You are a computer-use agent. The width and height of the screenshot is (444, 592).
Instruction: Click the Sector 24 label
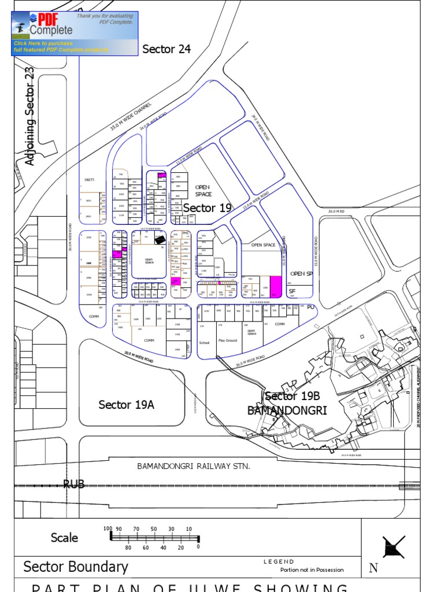tap(166, 49)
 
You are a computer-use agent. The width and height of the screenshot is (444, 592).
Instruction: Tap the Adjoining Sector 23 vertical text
tap(30, 116)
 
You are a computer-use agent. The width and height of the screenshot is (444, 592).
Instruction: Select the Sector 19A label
tap(126, 405)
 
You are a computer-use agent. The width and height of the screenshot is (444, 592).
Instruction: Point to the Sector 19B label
tap(292, 397)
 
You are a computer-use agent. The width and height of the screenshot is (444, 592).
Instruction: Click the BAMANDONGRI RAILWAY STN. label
tap(193, 466)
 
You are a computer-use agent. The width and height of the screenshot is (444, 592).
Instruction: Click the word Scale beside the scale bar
tap(64, 538)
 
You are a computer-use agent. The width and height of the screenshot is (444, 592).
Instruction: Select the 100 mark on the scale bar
tap(108, 528)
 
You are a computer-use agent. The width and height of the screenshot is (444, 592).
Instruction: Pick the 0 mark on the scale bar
tap(198, 546)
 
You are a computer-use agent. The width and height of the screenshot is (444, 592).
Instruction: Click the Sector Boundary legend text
tap(76, 567)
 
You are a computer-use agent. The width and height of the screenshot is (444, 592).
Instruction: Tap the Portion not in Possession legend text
tap(312, 570)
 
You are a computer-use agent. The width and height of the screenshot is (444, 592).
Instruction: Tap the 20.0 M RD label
tap(336, 212)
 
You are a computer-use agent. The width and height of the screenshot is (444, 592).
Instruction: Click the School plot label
tap(204, 342)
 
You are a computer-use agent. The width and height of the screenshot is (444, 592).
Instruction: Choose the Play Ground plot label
tap(228, 341)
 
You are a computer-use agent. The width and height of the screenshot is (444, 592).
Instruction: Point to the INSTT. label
tap(89, 180)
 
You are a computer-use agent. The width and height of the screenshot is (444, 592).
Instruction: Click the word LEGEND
tap(279, 561)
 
